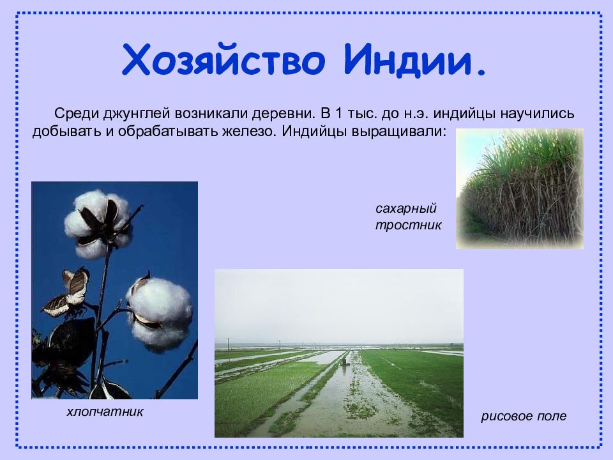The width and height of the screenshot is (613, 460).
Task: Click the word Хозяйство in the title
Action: (x=223, y=59)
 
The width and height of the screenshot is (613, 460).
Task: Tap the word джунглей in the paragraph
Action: (x=137, y=114)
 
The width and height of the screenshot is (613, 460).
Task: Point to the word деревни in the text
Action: (x=284, y=114)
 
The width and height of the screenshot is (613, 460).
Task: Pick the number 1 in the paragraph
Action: (x=339, y=114)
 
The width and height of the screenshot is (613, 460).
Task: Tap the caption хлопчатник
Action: (x=105, y=411)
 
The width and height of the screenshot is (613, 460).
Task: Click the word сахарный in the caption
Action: (x=406, y=208)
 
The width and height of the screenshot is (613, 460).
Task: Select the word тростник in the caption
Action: (x=408, y=226)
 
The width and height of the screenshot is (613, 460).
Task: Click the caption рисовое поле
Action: (x=524, y=416)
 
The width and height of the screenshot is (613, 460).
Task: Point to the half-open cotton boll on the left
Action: (x=66, y=292)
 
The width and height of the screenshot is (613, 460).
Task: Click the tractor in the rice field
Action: (x=344, y=362)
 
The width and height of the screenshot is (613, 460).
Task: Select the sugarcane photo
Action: (x=520, y=188)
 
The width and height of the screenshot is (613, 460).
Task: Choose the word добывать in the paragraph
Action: (x=66, y=131)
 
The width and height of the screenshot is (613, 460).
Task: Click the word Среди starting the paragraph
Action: (x=77, y=114)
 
